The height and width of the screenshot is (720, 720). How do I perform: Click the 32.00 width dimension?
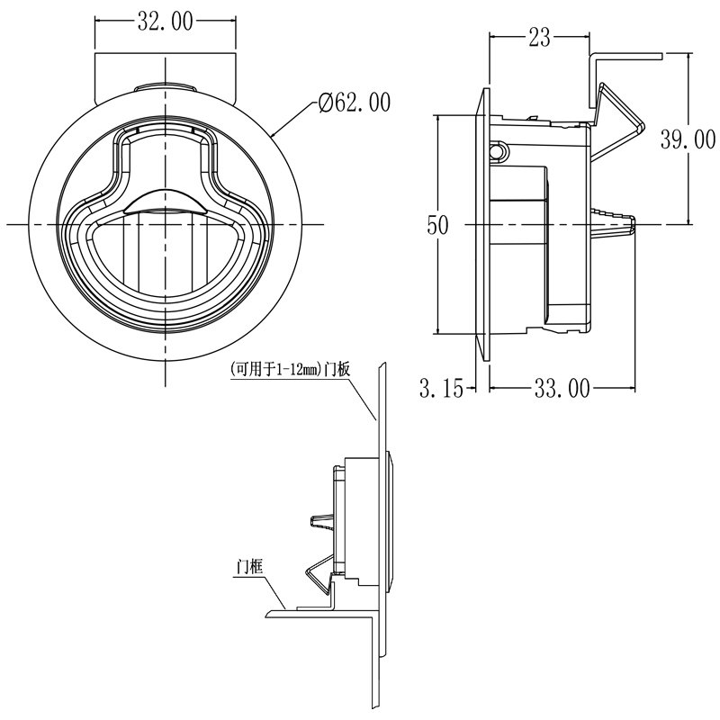166,22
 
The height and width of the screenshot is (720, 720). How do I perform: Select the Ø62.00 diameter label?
355,103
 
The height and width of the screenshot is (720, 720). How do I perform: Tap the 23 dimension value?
540,37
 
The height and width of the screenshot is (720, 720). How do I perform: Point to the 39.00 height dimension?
688,139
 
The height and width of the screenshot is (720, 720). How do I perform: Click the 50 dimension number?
437,226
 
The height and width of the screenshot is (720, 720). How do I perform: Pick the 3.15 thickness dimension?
441,389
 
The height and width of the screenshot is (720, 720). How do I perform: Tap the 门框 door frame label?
247,566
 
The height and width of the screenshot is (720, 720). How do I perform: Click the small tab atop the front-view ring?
166,85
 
